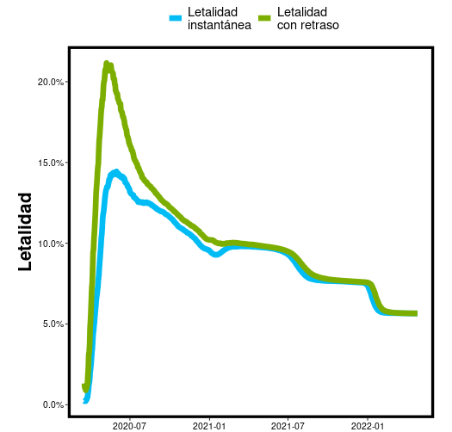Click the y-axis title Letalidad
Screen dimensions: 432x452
click(x=25, y=231)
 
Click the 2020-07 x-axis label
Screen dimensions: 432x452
click(x=129, y=425)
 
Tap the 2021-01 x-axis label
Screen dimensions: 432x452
click(x=208, y=425)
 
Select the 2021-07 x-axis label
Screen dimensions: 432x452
click(x=288, y=425)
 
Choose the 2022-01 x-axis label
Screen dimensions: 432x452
click(x=367, y=425)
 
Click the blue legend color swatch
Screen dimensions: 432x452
click(x=176, y=18)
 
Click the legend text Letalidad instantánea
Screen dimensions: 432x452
click(x=219, y=18)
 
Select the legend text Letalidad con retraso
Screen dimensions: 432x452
click(x=307, y=18)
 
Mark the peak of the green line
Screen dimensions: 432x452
click(x=107, y=64)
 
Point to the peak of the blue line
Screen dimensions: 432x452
click(x=116, y=172)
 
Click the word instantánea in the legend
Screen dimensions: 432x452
click(x=219, y=25)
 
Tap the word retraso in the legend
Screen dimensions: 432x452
click(x=320, y=25)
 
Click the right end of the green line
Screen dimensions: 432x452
click(x=416, y=313)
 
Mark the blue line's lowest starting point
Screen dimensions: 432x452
click(x=85, y=401)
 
